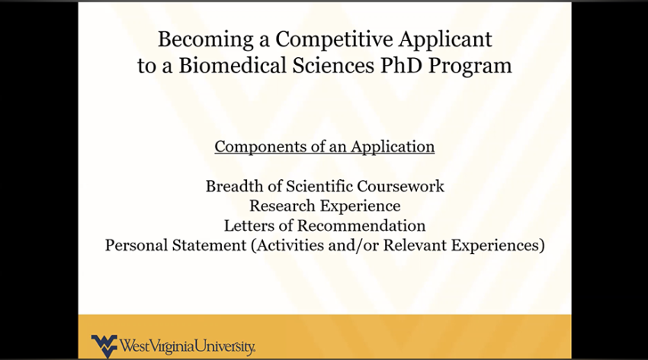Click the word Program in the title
click(470, 66)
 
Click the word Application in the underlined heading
click(393, 146)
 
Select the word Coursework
click(402, 186)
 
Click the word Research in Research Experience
click(281, 206)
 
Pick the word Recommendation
click(361, 226)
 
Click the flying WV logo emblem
click(104, 346)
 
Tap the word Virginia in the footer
click(172, 347)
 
